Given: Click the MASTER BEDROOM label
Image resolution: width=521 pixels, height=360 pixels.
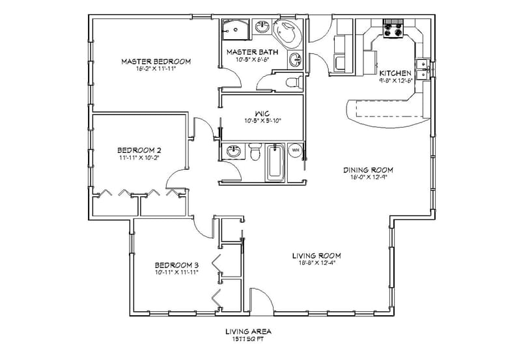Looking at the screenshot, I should (156, 61).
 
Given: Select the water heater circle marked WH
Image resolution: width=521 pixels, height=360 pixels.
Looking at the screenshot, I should (295, 150).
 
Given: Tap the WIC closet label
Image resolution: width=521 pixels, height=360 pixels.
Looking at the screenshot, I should (262, 112).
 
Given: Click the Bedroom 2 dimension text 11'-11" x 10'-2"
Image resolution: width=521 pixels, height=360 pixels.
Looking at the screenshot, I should (139, 157).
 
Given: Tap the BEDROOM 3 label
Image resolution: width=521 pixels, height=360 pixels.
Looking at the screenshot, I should (176, 265).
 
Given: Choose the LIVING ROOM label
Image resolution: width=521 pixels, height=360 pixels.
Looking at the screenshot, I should (316, 255).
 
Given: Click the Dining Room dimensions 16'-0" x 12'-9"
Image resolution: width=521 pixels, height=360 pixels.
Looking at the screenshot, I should (369, 178).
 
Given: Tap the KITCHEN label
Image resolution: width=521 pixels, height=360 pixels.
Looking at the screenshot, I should (395, 74).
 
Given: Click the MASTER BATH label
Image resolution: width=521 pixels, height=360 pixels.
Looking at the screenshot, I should (252, 51).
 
